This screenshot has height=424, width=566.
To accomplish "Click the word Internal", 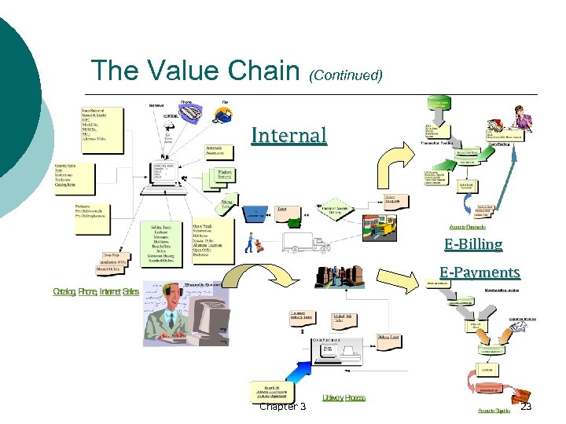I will point(289,135).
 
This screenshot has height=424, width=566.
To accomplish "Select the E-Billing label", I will point(472,244).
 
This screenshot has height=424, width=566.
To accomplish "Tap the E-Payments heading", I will point(480,272).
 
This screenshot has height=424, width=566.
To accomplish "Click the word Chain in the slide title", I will point(252,71).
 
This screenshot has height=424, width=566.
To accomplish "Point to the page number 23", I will point(526,406).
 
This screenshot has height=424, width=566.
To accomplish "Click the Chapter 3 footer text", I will point(282,406).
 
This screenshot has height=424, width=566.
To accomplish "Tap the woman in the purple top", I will point(519,119).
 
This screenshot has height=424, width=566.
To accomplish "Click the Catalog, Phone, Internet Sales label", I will point(96,292).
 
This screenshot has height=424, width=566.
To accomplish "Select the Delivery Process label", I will point(344,398).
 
